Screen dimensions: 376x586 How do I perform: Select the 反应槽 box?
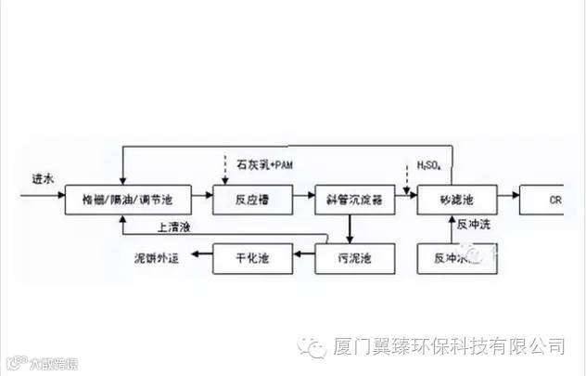point(252,199)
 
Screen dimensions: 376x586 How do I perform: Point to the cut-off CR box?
point(553,199)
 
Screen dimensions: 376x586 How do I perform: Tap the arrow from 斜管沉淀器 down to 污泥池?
point(350,227)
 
